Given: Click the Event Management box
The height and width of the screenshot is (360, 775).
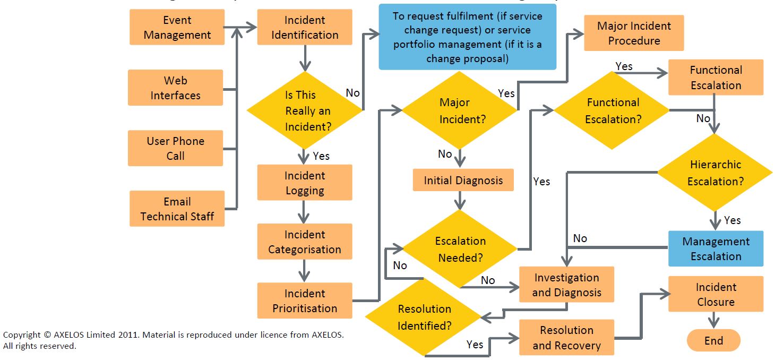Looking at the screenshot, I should [x=177, y=27].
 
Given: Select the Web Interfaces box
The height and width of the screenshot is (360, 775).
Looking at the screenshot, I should [x=175, y=88].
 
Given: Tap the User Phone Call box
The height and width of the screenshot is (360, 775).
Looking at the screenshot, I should [x=175, y=148].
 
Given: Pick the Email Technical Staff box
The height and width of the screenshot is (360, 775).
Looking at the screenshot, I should [x=177, y=209].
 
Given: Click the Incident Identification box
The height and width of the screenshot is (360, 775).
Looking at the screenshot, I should [x=304, y=27].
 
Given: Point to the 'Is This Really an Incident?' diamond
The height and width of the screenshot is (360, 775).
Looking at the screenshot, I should [x=305, y=110].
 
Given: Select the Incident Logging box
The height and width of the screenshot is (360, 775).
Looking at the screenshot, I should [x=304, y=183].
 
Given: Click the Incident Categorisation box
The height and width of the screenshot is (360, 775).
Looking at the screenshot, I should [x=304, y=242].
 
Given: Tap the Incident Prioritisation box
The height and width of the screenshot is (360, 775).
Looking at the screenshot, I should [x=304, y=301].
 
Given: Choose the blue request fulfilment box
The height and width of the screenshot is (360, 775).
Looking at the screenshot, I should [x=467, y=37].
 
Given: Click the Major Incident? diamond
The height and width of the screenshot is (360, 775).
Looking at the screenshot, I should [x=459, y=110].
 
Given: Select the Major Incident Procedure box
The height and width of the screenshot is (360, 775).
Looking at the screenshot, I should [x=634, y=33].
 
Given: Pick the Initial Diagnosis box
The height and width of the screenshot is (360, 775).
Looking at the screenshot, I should [x=463, y=181].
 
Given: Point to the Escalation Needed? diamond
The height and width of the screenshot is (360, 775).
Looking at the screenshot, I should [x=460, y=249].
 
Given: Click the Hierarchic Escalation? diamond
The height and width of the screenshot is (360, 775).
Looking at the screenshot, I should [x=715, y=173].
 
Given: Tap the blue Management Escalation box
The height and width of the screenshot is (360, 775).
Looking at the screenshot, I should [x=716, y=248].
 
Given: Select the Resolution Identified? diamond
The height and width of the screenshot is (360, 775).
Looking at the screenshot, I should [x=424, y=317].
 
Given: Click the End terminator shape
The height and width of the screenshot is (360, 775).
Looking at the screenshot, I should [x=713, y=341].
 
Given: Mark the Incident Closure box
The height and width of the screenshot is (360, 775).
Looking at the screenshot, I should [x=716, y=294].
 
